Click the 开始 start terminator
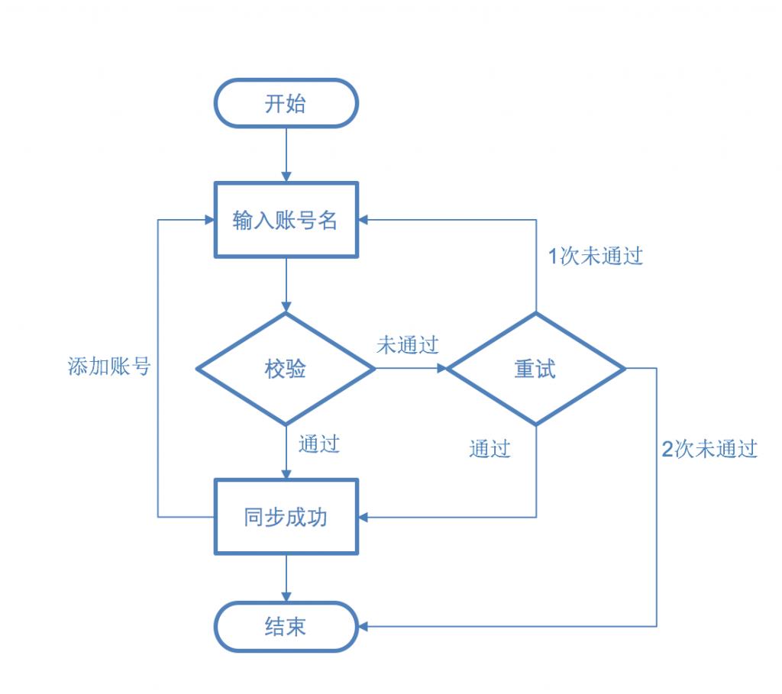(286, 103)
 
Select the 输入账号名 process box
(286, 220)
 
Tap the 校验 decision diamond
(286, 369)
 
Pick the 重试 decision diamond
(535, 369)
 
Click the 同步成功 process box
(286, 517)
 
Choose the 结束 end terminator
(286, 627)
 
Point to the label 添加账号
(109, 367)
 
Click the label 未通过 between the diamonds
(408, 345)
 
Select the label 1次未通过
(596, 257)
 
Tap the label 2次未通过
(709, 449)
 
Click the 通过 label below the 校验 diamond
(319, 444)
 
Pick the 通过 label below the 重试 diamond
(490, 449)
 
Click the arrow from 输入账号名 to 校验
(286, 284)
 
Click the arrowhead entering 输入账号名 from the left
(208, 220)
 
